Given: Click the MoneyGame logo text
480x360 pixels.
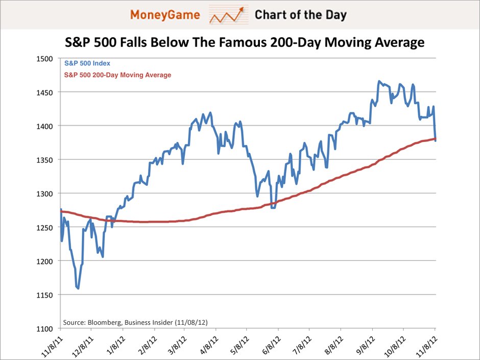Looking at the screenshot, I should click(x=164, y=15).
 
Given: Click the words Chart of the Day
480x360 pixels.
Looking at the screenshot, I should click(x=300, y=15).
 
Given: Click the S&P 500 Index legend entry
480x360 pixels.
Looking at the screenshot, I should click(x=87, y=64).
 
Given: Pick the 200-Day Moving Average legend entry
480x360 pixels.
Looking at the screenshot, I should click(x=117, y=75).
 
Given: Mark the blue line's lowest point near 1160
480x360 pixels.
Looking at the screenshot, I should click(x=78, y=289).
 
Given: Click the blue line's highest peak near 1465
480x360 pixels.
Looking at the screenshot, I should click(x=379, y=81).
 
